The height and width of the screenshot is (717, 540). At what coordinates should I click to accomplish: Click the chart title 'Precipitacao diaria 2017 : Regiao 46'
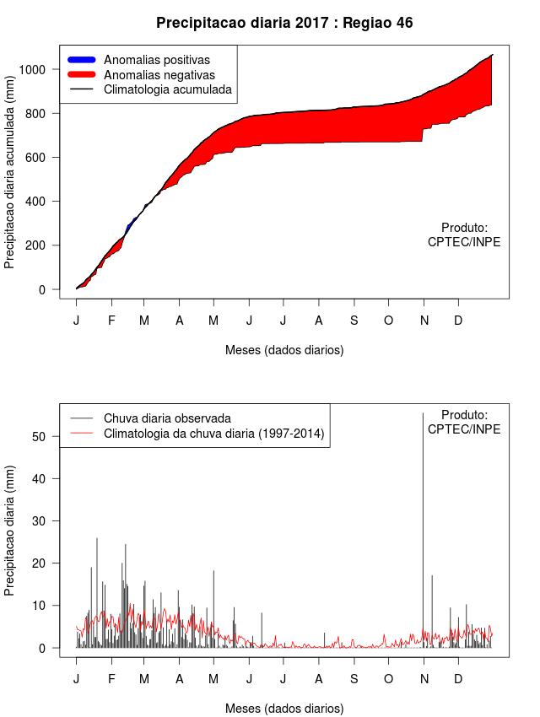284,23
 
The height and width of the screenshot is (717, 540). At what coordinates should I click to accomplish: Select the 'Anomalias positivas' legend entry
156,60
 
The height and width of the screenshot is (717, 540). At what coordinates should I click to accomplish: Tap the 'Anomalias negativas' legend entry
159,74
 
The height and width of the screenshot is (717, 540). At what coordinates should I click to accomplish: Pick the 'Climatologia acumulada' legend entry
167,89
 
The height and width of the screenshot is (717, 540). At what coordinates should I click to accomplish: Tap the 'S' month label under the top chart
354,321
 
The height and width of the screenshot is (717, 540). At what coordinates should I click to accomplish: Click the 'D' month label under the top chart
458,321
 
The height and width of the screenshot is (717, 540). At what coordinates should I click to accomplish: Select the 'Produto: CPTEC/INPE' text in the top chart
464,235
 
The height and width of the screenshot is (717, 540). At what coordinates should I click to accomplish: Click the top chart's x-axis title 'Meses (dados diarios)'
284,349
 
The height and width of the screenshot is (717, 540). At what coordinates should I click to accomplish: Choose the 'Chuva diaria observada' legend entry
166,418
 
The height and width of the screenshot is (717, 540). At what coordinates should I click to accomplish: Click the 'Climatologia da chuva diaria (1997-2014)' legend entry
213,434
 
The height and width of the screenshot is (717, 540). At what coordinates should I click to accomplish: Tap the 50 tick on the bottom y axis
48,436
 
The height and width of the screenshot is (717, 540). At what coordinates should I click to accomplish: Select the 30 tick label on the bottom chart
48,520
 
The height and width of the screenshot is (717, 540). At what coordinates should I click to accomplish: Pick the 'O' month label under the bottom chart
388,679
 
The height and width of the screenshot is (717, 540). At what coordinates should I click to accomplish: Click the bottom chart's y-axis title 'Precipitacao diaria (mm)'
10,529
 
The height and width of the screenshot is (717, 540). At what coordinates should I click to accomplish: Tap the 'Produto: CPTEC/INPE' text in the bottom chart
464,422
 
